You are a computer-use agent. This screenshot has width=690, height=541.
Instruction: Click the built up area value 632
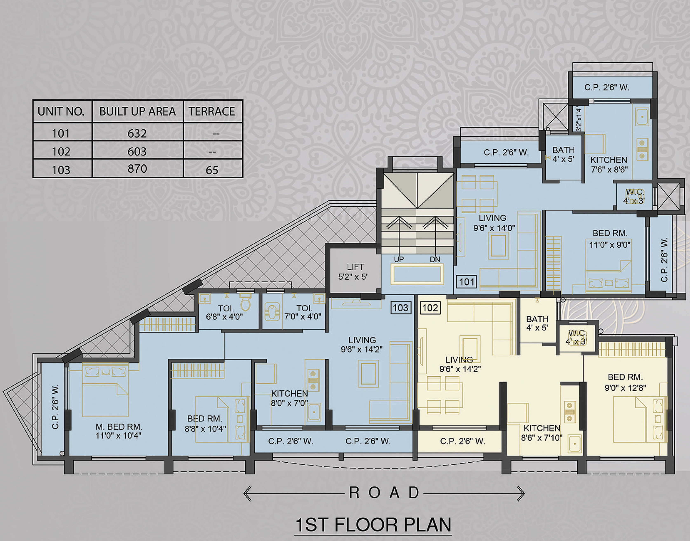(x=137, y=133)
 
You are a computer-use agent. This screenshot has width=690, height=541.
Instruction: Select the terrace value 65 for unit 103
(x=212, y=170)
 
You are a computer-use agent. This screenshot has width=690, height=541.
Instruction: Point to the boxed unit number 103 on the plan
(x=401, y=308)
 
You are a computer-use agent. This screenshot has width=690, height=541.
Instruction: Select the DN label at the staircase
(x=435, y=259)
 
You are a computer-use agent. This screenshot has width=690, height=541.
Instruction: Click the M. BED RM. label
(x=119, y=427)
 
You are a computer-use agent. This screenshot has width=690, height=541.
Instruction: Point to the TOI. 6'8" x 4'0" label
(x=225, y=313)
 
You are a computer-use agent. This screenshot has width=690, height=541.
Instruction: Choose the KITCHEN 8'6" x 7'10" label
(x=542, y=433)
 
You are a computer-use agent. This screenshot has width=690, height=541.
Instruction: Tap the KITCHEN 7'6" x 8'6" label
(x=609, y=164)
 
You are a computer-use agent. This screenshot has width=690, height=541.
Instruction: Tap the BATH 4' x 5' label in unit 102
(x=537, y=323)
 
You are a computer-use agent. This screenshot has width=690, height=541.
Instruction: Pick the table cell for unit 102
(x=61, y=151)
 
